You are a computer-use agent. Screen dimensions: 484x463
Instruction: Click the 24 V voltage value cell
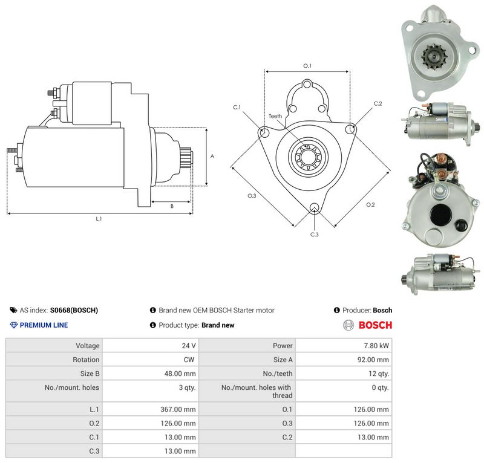[189, 346]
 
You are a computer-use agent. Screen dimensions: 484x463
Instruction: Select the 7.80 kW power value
[376, 346]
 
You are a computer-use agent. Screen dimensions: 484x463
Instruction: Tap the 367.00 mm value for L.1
[178, 409]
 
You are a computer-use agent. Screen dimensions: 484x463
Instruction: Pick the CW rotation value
[189, 360]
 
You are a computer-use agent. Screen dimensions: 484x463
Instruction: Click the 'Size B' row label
[90, 374]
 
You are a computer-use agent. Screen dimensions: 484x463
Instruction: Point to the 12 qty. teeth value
[379, 374]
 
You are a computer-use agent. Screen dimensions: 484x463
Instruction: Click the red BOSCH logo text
[375, 325]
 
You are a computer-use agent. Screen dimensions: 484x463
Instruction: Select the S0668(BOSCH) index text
[74, 310]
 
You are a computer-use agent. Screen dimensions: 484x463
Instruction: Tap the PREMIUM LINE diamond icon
[14, 325]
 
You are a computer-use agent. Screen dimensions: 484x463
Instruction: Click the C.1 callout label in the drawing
[237, 108]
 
